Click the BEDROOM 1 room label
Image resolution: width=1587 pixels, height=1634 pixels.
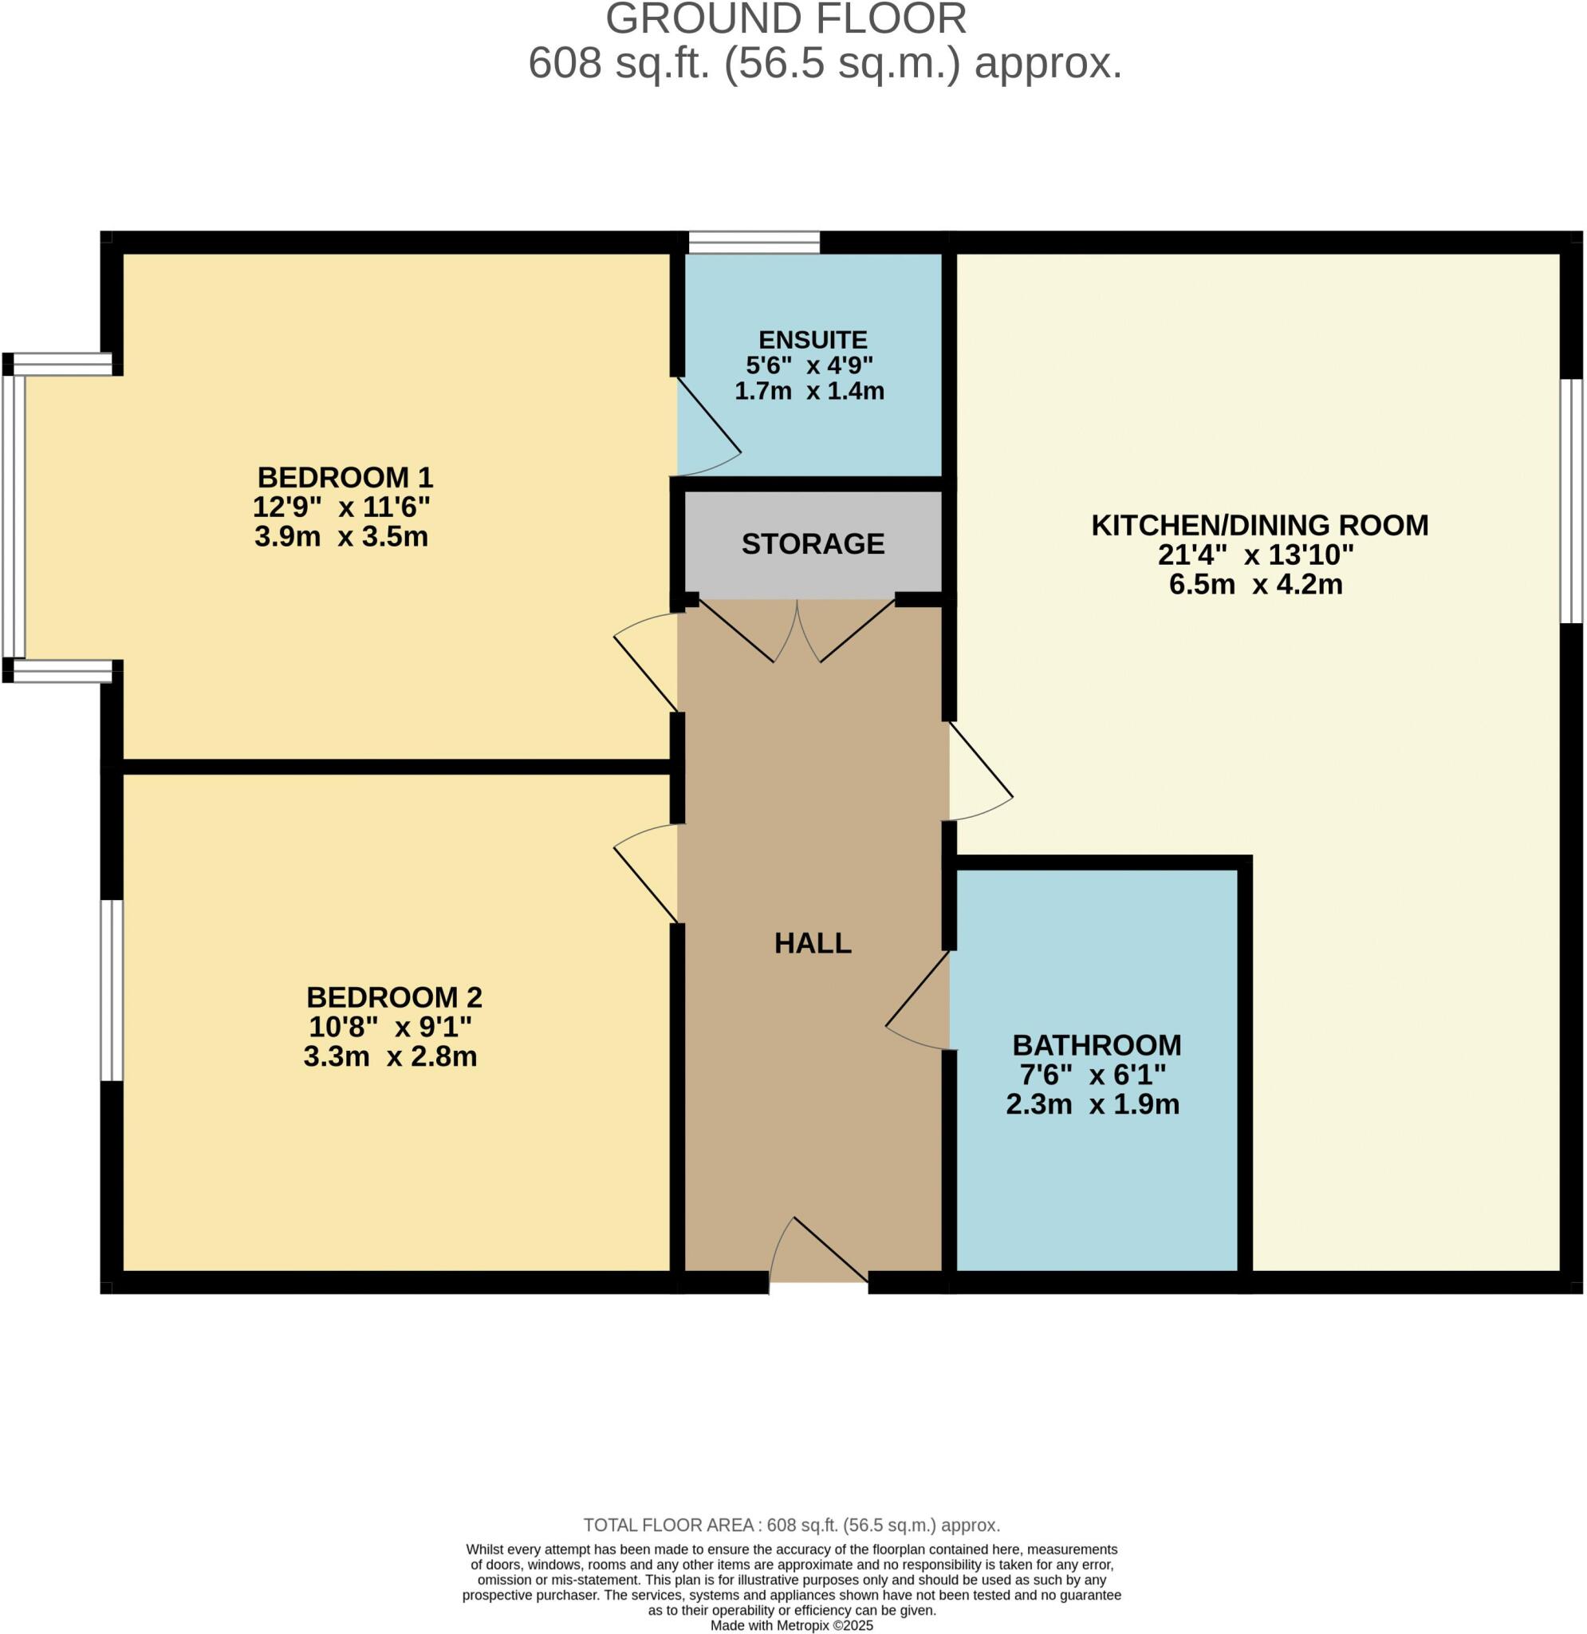(345, 478)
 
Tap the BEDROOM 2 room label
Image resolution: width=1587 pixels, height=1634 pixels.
(394, 997)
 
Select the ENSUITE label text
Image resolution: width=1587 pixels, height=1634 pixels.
(813, 340)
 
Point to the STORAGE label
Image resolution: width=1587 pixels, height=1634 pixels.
(813, 544)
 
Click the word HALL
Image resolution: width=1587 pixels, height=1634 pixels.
(813, 943)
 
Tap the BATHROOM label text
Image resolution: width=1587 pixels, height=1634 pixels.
(1096, 1044)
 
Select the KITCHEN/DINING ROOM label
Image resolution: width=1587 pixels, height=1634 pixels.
(1259, 525)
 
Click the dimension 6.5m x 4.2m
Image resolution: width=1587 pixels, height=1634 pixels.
(1255, 584)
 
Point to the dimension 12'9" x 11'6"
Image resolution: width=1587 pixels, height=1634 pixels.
(342, 507)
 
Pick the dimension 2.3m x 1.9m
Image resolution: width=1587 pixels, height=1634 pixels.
(1092, 1103)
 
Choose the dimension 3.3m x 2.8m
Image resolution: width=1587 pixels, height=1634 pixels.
(390, 1056)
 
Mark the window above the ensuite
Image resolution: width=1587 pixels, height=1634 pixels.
(754, 243)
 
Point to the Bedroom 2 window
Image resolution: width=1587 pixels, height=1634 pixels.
(112, 989)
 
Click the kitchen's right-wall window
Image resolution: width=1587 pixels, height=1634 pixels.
(1570, 500)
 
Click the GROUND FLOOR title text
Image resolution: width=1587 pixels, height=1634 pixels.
(786, 20)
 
